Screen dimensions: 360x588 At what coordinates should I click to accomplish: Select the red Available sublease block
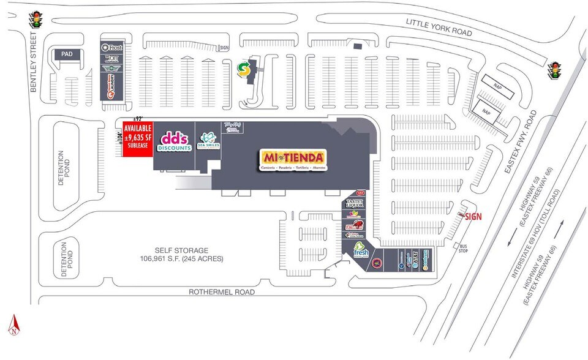coord(138,139)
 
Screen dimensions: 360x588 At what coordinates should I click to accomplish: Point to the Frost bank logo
coord(113,48)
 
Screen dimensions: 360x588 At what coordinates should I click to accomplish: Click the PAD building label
coord(67,54)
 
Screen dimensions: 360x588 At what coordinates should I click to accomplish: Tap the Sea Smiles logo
coord(208,141)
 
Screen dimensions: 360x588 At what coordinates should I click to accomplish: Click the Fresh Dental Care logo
coord(360,250)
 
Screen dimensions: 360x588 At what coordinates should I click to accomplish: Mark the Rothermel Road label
coord(222,292)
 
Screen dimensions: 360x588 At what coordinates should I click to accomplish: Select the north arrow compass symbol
coord(13,326)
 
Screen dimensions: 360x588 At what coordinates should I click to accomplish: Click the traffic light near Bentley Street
coord(37,19)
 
